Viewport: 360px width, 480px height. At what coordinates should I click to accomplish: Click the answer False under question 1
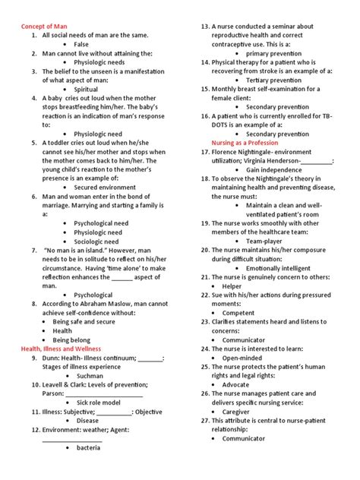(81, 45)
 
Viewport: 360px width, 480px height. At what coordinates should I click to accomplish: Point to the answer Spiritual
(86, 89)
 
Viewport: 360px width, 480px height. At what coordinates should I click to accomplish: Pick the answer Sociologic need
(97, 242)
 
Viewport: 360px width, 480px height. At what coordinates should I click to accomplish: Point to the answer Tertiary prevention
(273, 80)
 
